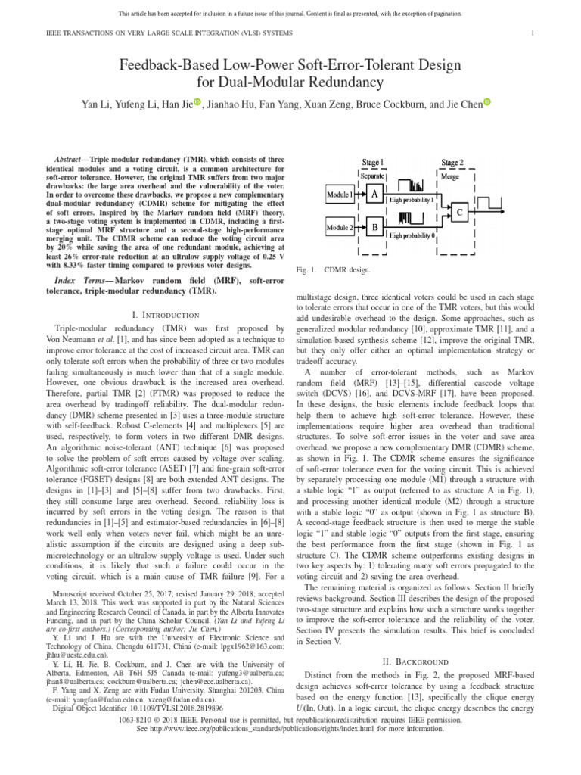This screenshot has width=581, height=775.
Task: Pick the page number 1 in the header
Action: click(534, 33)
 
